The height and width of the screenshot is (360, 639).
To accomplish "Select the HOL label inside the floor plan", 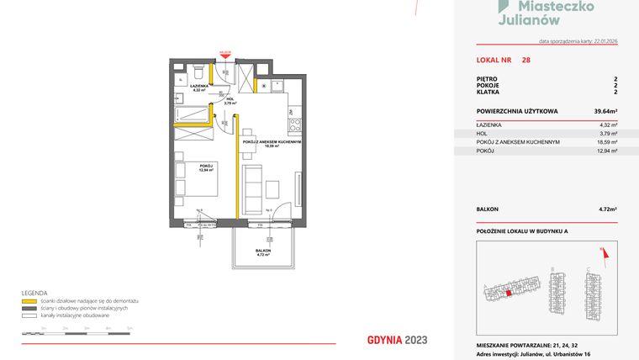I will (x=230, y=98).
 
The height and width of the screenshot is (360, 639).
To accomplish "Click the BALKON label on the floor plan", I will (x=263, y=250).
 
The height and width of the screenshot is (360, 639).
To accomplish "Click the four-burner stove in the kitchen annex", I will (x=294, y=125).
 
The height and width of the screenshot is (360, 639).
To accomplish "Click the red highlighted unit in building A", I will (x=509, y=293).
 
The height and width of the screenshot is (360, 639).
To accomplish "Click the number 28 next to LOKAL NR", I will (x=525, y=61).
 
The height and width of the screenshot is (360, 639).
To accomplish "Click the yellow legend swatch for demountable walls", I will (x=28, y=300).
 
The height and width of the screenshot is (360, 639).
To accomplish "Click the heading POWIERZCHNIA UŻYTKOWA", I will (x=512, y=111).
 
